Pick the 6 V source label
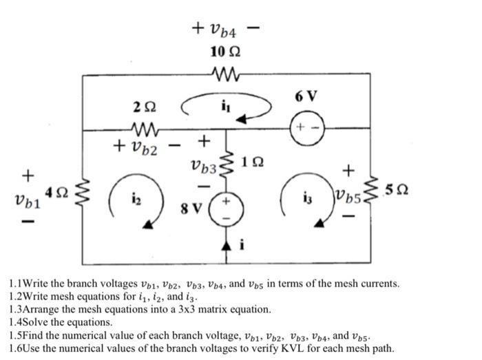pos(306,96)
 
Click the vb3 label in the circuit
pos(203,165)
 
